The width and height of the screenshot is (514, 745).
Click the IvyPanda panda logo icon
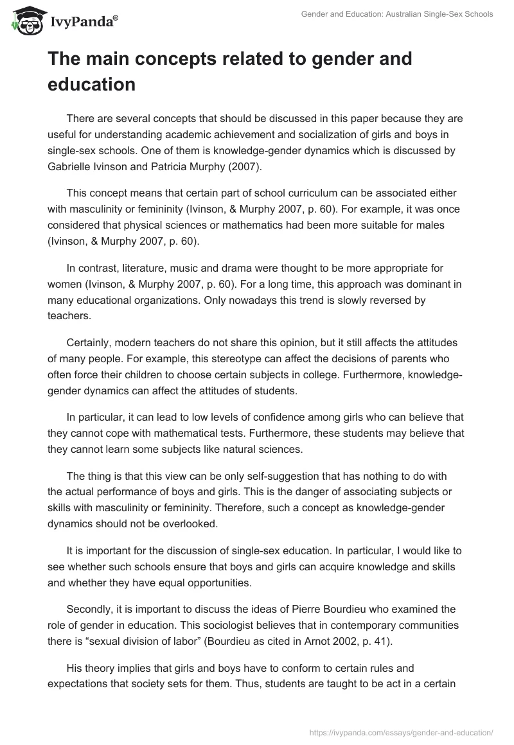point(25,21)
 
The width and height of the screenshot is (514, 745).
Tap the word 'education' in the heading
point(91,84)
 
